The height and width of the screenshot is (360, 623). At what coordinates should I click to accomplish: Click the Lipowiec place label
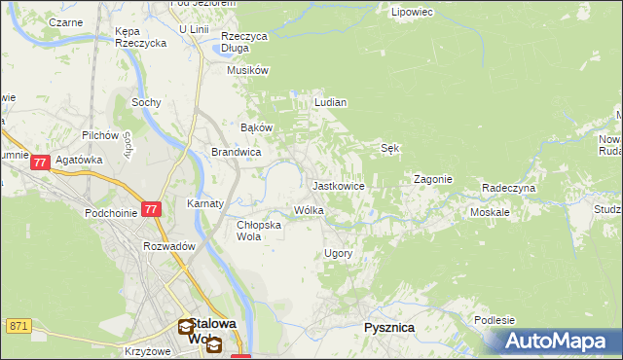tap(410, 12)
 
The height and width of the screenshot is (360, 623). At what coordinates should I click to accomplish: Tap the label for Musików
tap(247, 70)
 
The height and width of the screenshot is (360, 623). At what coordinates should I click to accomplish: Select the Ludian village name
tap(331, 101)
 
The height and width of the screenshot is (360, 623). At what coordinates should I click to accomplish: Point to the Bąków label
tap(256, 127)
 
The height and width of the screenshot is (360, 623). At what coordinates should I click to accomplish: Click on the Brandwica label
tap(236, 152)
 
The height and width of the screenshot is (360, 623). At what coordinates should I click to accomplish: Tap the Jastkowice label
tap(338, 185)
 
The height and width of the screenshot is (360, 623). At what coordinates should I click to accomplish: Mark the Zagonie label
tap(433, 179)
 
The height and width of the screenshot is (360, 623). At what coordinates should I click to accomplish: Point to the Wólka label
tap(309, 210)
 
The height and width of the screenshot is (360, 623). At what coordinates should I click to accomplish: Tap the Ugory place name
tap(337, 253)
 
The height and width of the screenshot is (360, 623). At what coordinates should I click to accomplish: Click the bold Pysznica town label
tap(388, 328)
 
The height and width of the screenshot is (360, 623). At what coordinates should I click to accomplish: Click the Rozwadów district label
tap(169, 246)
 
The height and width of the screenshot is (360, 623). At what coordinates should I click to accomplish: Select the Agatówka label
tap(79, 161)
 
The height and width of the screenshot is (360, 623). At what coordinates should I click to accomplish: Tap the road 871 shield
tap(17, 325)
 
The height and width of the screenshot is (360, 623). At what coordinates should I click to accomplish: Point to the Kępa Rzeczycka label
tap(133, 37)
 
